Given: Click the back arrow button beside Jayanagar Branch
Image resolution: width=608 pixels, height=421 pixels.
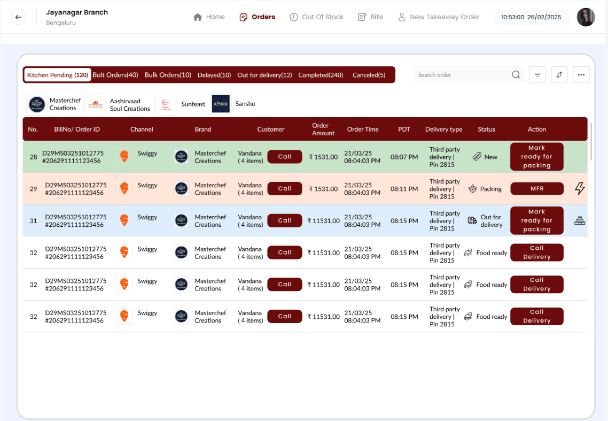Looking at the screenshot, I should tap(19, 17).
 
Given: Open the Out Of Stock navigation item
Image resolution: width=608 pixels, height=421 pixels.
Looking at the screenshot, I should tap(316, 17).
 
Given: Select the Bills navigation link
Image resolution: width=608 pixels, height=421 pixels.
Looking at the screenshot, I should tap(370, 17).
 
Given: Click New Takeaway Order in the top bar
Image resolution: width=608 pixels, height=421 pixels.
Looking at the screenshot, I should tap(439, 17).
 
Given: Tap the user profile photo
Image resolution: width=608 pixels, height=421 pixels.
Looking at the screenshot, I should tap(586, 17).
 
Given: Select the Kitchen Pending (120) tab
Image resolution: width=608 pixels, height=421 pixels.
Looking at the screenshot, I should tap(58, 75).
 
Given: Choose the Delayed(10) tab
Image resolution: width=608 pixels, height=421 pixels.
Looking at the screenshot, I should tap(214, 75).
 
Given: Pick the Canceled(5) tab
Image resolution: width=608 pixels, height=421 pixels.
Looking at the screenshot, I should tap(369, 75).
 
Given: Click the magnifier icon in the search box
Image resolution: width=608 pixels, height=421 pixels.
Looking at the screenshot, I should tap(516, 75).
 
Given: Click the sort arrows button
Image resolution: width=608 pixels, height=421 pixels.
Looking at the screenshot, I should tap(559, 75).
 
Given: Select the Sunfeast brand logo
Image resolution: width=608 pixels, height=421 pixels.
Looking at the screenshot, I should tap(165, 104).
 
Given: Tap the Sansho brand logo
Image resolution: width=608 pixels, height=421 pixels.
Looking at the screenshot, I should tap(221, 104).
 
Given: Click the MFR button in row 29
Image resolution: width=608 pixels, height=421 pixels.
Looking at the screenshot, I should tap(536, 188).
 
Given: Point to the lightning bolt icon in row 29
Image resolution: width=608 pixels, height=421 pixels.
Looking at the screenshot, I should tap(580, 188).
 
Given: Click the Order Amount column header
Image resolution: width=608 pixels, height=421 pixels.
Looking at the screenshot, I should tap(323, 129).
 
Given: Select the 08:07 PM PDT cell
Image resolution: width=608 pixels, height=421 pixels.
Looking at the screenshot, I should tap(404, 157).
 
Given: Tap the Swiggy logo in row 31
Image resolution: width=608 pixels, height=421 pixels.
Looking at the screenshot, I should tap(124, 220).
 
